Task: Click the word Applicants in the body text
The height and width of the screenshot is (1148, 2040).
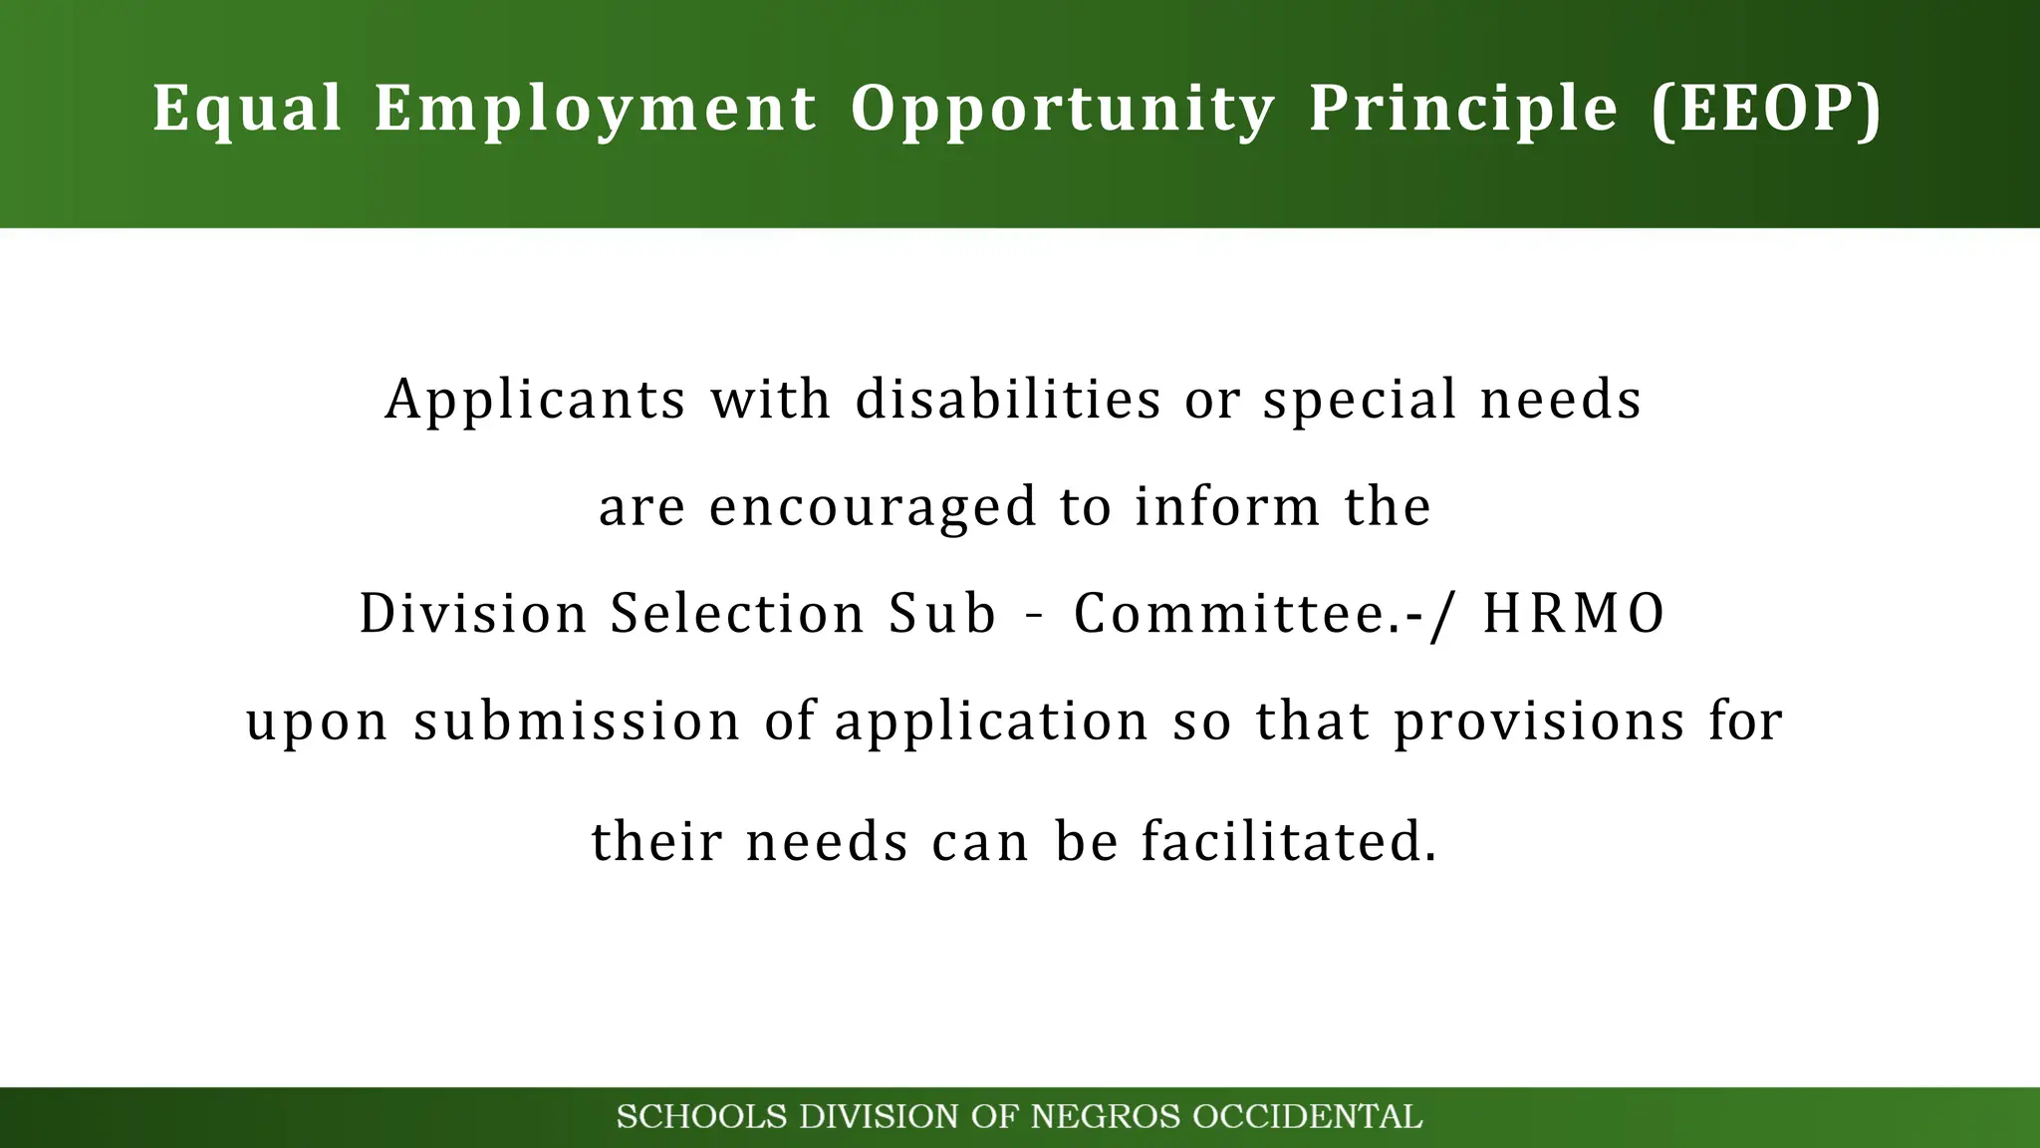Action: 536,400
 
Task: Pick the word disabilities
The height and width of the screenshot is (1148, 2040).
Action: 1008,400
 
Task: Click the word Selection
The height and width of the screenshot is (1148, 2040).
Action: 737,613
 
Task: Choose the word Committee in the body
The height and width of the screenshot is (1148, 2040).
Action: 1228,613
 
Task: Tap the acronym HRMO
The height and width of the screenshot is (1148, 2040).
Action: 1574,613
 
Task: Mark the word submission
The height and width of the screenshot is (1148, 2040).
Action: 578,720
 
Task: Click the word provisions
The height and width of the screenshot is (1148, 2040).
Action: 1539,720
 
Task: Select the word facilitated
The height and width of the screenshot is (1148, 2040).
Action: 1289,841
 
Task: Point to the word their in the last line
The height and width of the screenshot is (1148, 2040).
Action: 656,841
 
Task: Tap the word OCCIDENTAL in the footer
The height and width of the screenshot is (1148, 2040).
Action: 1307,1117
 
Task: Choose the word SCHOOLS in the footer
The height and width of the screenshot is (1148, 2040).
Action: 701,1117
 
